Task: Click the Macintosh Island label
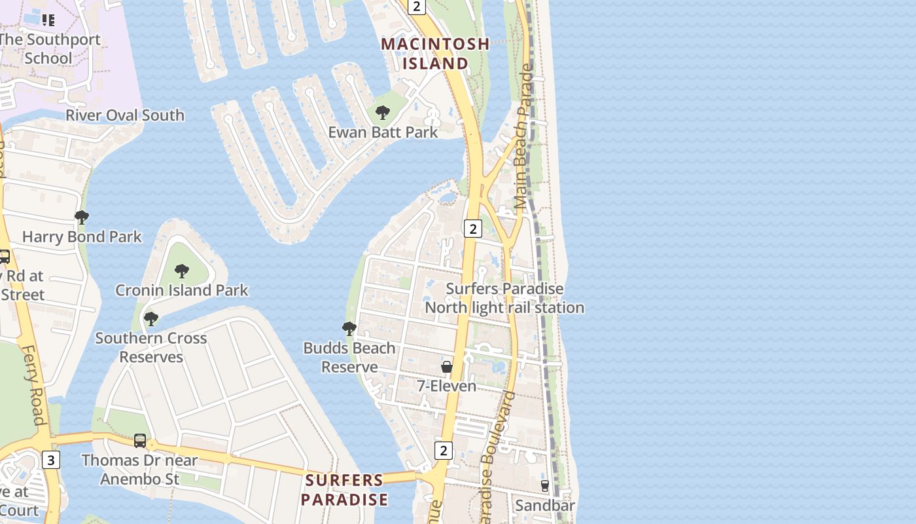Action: [x=435, y=54]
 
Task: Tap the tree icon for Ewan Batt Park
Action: [x=383, y=113]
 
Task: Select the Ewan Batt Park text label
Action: [x=383, y=132]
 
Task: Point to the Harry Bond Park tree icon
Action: [x=82, y=217]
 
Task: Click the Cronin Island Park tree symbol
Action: [x=182, y=271]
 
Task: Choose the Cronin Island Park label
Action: [x=182, y=290]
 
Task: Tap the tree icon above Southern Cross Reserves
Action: [x=151, y=319]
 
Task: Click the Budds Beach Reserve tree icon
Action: [x=349, y=328]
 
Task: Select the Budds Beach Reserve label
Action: [x=349, y=358]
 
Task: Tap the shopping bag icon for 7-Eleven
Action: [x=447, y=367]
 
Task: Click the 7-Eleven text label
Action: [x=447, y=386]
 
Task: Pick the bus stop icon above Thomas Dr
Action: [x=140, y=441]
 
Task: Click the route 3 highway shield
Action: [x=50, y=460]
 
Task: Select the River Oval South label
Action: [x=125, y=115]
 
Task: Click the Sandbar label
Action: [x=545, y=505]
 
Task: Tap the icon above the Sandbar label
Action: [x=545, y=486]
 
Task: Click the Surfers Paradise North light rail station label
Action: [x=504, y=298]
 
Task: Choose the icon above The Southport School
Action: [x=48, y=20]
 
